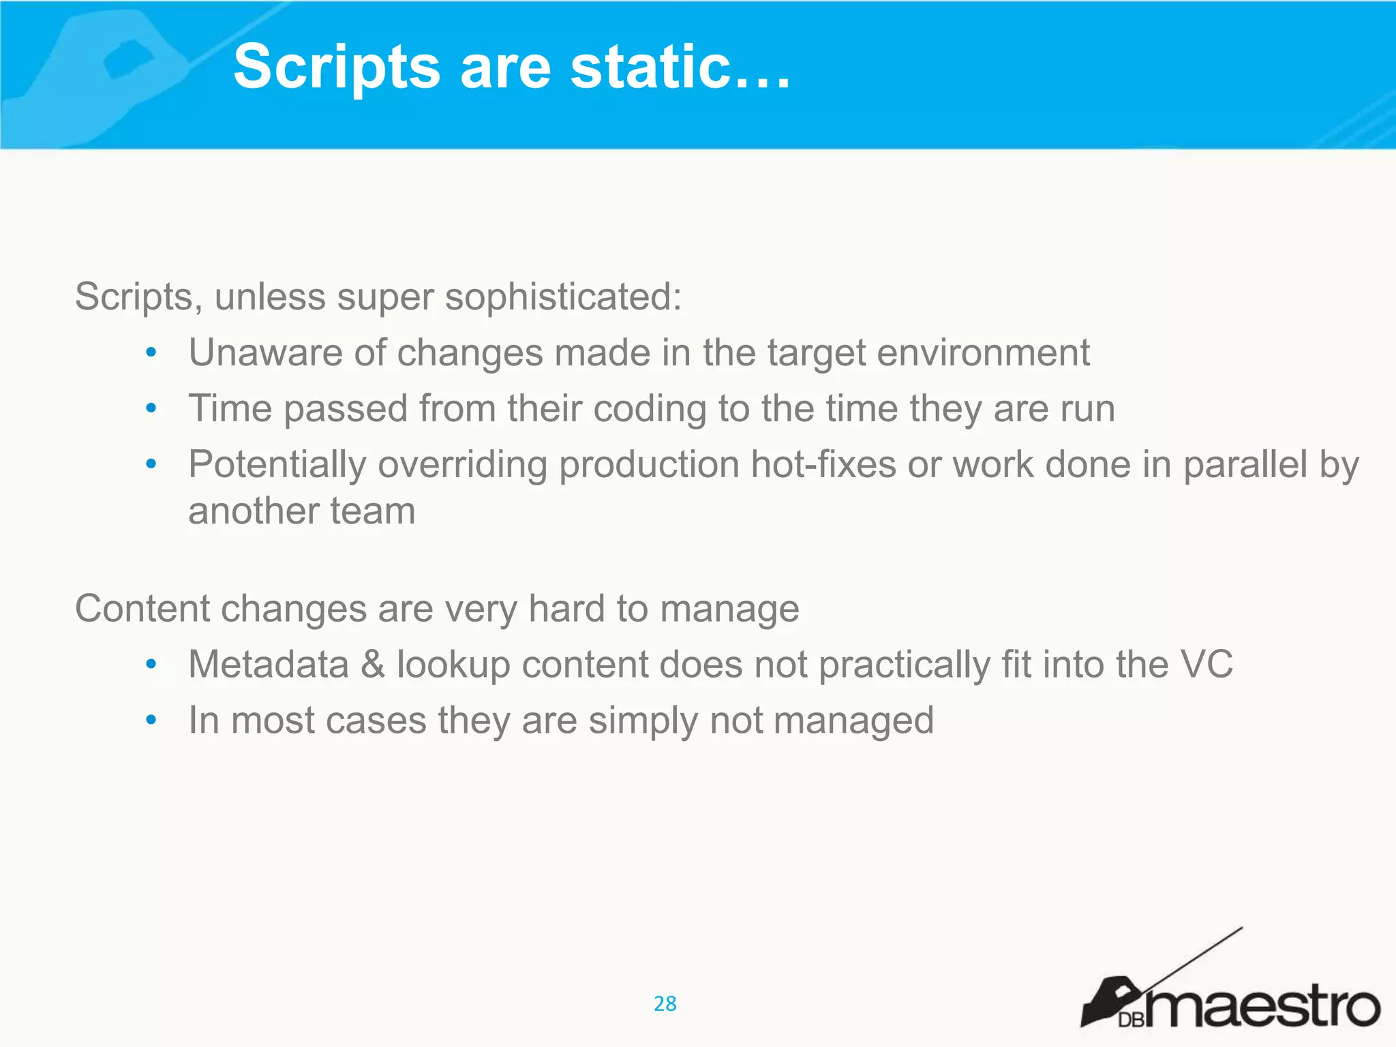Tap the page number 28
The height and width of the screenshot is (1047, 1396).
click(x=665, y=1003)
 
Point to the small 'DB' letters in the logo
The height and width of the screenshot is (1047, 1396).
click(x=1132, y=1020)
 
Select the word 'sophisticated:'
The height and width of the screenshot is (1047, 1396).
click(x=563, y=297)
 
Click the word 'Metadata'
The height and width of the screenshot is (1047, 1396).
click(x=268, y=664)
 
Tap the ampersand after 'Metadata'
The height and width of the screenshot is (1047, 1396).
click(x=373, y=664)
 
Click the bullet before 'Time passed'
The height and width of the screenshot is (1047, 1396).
click(x=151, y=409)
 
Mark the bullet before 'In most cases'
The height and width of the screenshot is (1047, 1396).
click(x=151, y=720)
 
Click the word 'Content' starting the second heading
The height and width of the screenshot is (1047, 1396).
click(x=142, y=608)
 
